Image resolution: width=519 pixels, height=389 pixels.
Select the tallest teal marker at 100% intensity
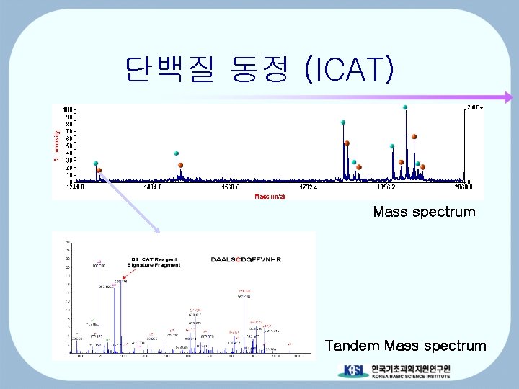(x=406, y=107)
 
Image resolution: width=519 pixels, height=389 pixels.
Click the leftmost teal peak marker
(x=96, y=164)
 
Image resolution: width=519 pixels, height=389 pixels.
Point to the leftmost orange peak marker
(x=100, y=170)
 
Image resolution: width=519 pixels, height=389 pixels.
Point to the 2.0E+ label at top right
(x=475, y=107)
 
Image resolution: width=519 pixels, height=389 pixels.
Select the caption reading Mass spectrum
(x=424, y=212)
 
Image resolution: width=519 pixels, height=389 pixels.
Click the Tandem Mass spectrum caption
(x=405, y=346)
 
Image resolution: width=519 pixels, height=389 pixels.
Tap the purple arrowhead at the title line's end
(x=507, y=97)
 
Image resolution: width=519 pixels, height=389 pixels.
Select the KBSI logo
(x=352, y=371)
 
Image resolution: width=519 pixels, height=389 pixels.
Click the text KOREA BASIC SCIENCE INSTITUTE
(x=410, y=376)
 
